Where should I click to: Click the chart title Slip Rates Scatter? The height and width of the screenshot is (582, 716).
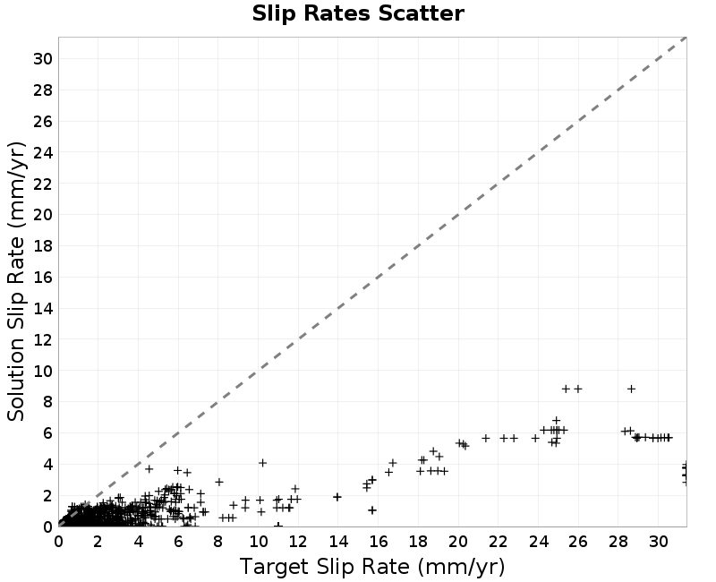point(358,13)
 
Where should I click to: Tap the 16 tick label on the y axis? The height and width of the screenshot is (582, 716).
point(43,278)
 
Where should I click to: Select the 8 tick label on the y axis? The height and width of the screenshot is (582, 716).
point(47,402)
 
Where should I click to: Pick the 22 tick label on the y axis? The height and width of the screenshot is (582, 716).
point(43,184)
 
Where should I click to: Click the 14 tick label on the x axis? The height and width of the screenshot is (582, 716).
point(338,542)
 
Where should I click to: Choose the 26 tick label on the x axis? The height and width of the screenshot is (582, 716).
point(578,542)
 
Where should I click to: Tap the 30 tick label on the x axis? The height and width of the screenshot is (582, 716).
point(658,542)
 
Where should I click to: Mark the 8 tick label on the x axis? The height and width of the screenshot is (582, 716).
point(217,542)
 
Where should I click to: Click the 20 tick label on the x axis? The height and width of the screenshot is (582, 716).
point(458,542)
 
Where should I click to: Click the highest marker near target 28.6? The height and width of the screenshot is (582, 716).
point(631,389)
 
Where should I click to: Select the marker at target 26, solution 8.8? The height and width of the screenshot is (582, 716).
point(578,389)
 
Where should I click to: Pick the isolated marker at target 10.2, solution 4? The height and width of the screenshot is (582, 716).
point(262,463)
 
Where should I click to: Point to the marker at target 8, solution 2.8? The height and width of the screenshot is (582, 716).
point(218,482)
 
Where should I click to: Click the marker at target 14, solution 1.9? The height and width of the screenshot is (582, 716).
point(337,497)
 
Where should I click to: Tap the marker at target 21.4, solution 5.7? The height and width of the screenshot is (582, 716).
point(486,438)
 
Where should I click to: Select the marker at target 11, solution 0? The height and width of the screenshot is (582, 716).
point(278,526)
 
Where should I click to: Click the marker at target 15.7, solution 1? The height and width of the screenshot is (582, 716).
point(372,509)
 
